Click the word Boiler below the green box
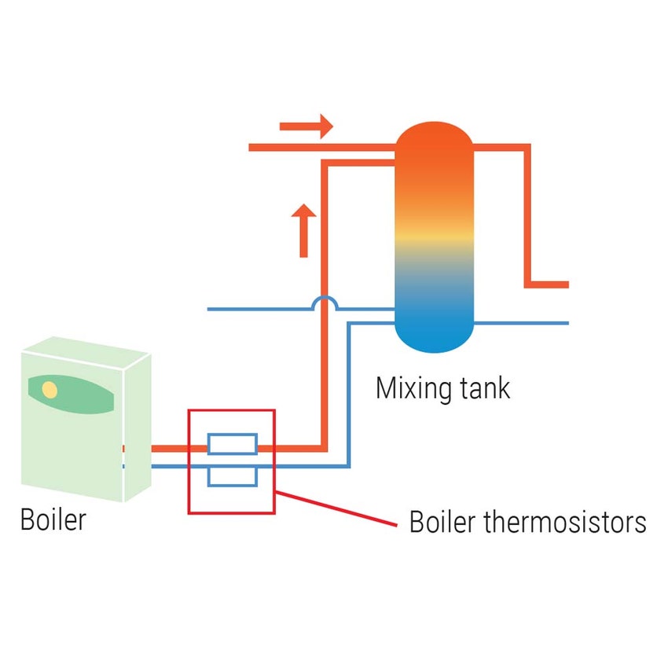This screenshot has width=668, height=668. click(x=53, y=520)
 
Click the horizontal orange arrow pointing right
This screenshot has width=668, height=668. click(x=306, y=126)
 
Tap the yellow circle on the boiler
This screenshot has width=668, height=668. click(x=50, y=389)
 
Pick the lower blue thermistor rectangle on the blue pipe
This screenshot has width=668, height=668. click(x=232, y=476)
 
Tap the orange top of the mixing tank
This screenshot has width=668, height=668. click(x=434, y=149)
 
